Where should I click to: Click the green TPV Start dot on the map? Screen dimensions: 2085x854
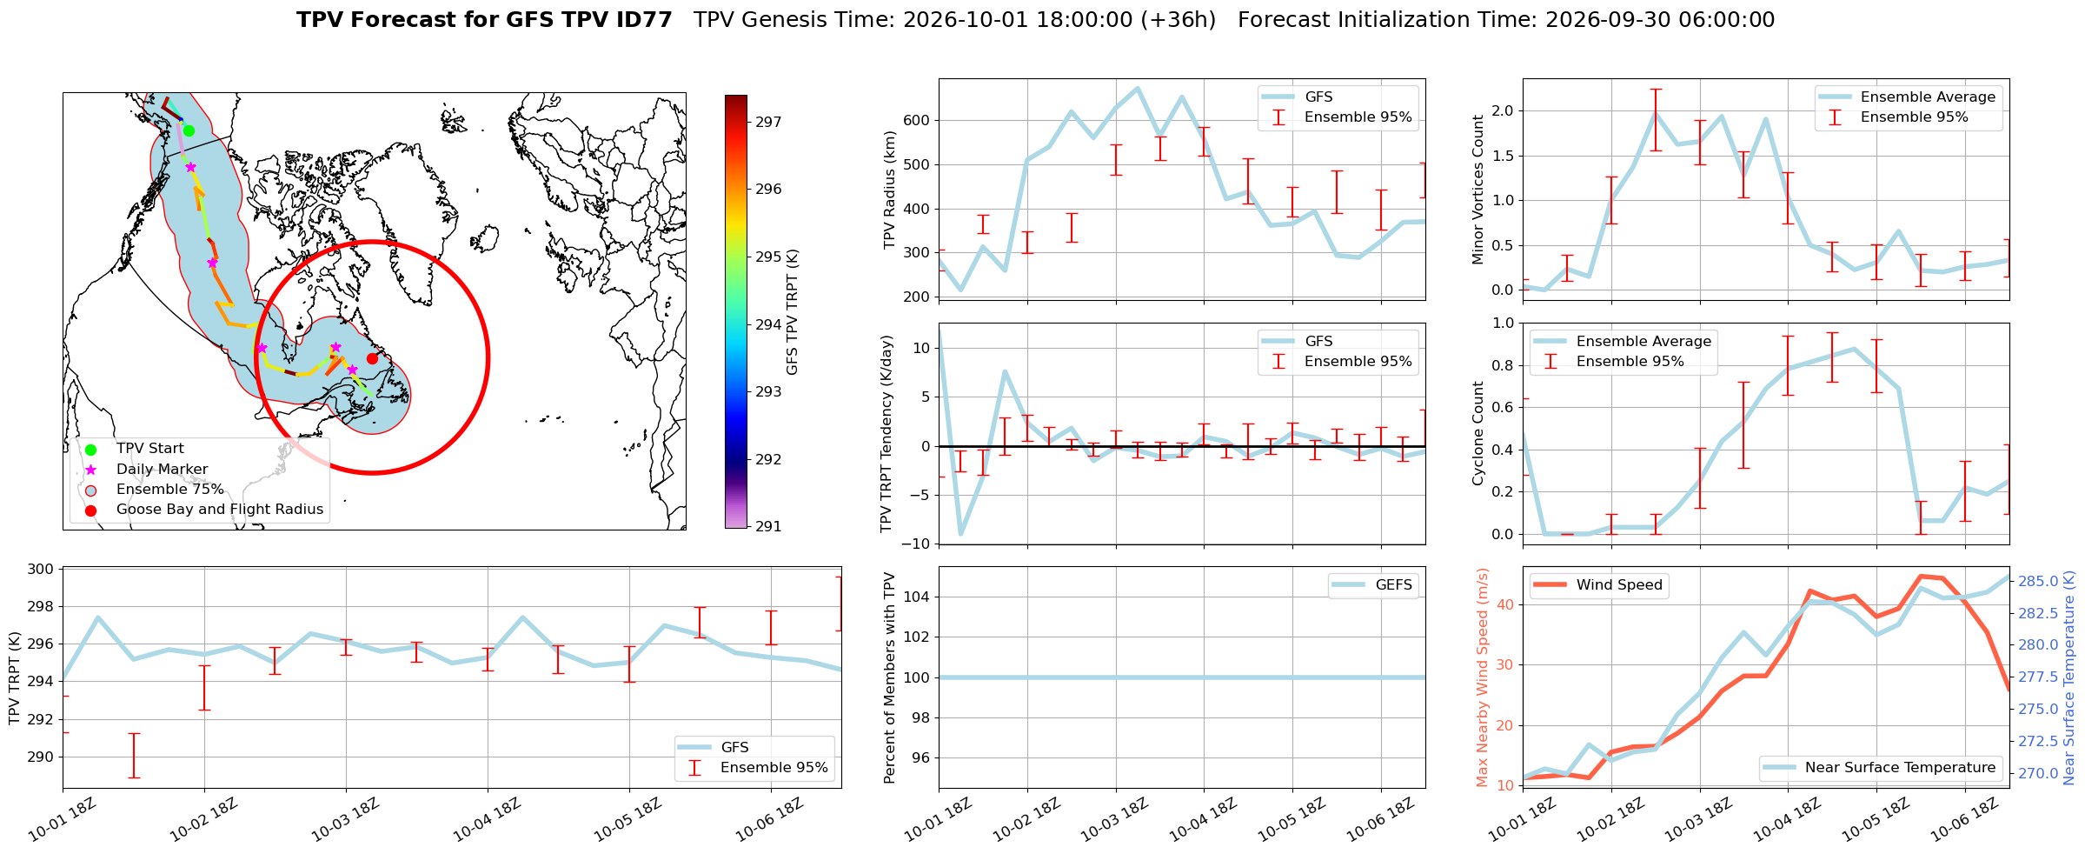click(189, 130)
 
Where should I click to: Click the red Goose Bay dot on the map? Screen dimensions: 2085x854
click(372, 358)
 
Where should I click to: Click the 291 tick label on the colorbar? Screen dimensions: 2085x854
click(768, 526)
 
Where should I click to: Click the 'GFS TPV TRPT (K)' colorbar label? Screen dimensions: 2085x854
click(792, 312)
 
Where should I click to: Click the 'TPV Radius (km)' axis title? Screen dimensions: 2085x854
click(889, 190)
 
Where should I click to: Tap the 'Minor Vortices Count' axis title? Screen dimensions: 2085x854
click(1477, 190)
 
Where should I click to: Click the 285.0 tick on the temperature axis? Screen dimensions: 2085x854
click(2036, 581)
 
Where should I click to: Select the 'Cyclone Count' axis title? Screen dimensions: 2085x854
click(1477, 433)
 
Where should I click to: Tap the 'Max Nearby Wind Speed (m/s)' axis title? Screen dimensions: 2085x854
click(1483, 677)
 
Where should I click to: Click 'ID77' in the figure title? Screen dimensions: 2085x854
click(641, 19)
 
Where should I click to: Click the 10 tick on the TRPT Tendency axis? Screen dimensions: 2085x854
click(921, 348)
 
